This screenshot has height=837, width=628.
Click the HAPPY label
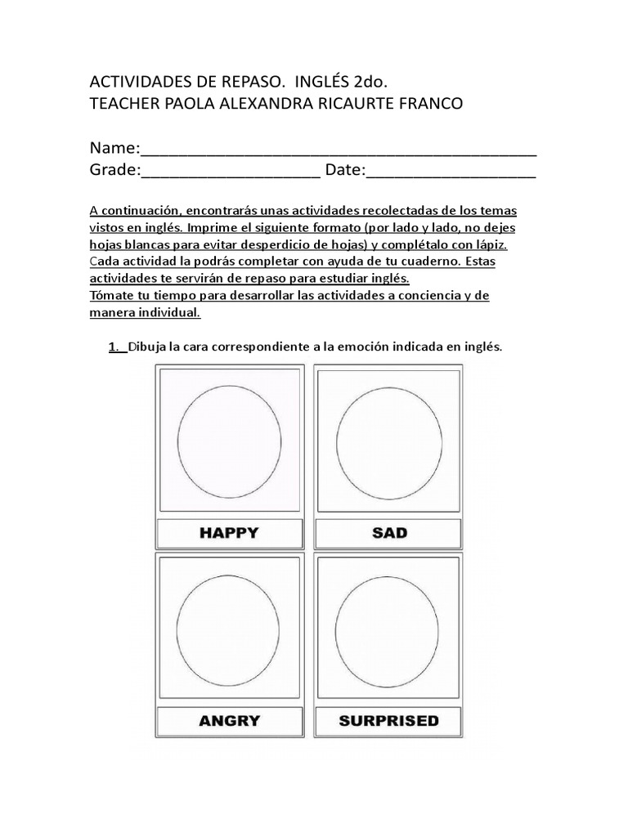tap(229, 533)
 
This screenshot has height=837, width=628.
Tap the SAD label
tap(388, 533)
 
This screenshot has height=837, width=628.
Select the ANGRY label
tap(229, 720)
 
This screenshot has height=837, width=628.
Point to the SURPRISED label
tap(388, 720)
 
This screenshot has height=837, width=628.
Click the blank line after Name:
tap(339, 150)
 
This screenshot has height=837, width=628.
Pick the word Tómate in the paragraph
tap(112, 295)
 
